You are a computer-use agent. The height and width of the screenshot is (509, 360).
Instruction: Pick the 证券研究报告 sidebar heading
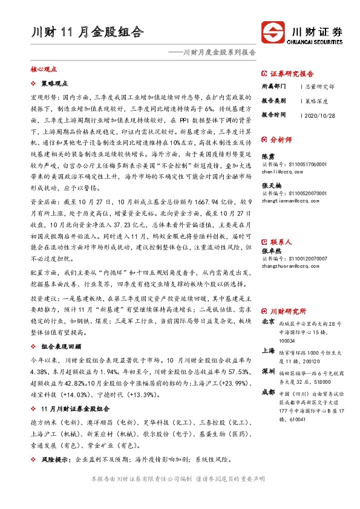coord(293,71)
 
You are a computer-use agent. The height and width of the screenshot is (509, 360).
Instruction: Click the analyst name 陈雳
coord(267,156)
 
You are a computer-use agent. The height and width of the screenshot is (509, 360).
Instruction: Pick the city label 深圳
coord(269,371)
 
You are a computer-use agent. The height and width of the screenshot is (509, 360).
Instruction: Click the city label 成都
coord(269,392)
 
